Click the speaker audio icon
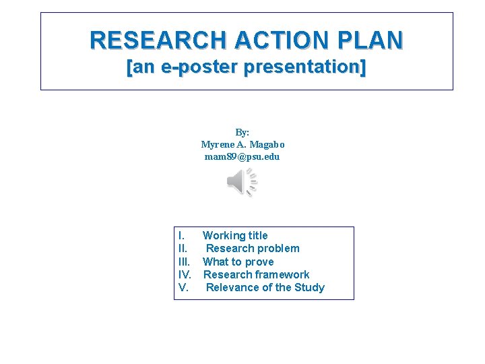[242, 183]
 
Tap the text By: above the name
[243, 133]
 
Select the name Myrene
[216, 144]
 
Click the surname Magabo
[267, 144]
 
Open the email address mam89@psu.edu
[242, 156]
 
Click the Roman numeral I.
[181, 236]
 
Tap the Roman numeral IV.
[185, 274]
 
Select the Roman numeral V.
[183, 287]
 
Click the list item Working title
[235, 236]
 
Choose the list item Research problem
[253, 249]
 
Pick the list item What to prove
[238, 262]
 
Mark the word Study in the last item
[309, 287]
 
